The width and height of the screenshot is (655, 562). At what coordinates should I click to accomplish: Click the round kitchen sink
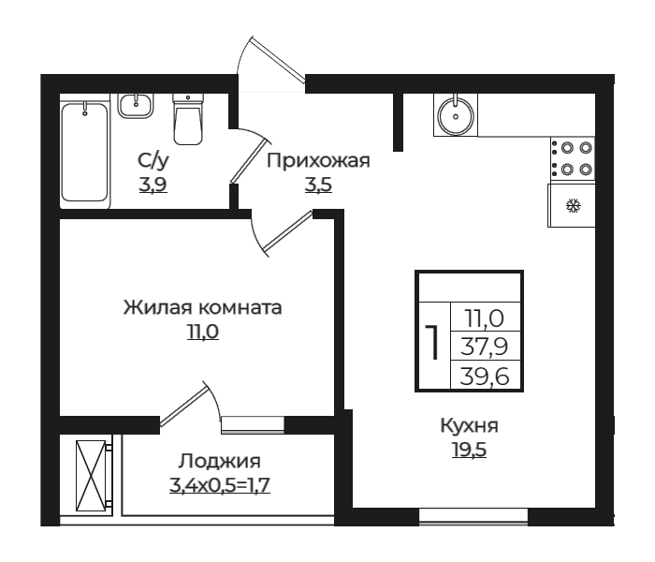click(456, 115)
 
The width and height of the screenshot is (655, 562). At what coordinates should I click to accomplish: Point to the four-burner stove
click(571, 158)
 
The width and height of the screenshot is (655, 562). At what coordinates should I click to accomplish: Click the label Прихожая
click(318, 160)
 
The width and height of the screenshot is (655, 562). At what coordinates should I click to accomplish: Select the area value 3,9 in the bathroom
click(153, 184)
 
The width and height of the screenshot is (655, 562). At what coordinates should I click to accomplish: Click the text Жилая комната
click(202, 307)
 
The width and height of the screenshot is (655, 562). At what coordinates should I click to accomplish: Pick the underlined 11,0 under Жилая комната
click(202, 332)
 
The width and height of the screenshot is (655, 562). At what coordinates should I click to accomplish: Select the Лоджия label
click(219, 461)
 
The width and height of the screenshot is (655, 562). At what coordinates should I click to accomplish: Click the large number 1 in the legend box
click(431, 344)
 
